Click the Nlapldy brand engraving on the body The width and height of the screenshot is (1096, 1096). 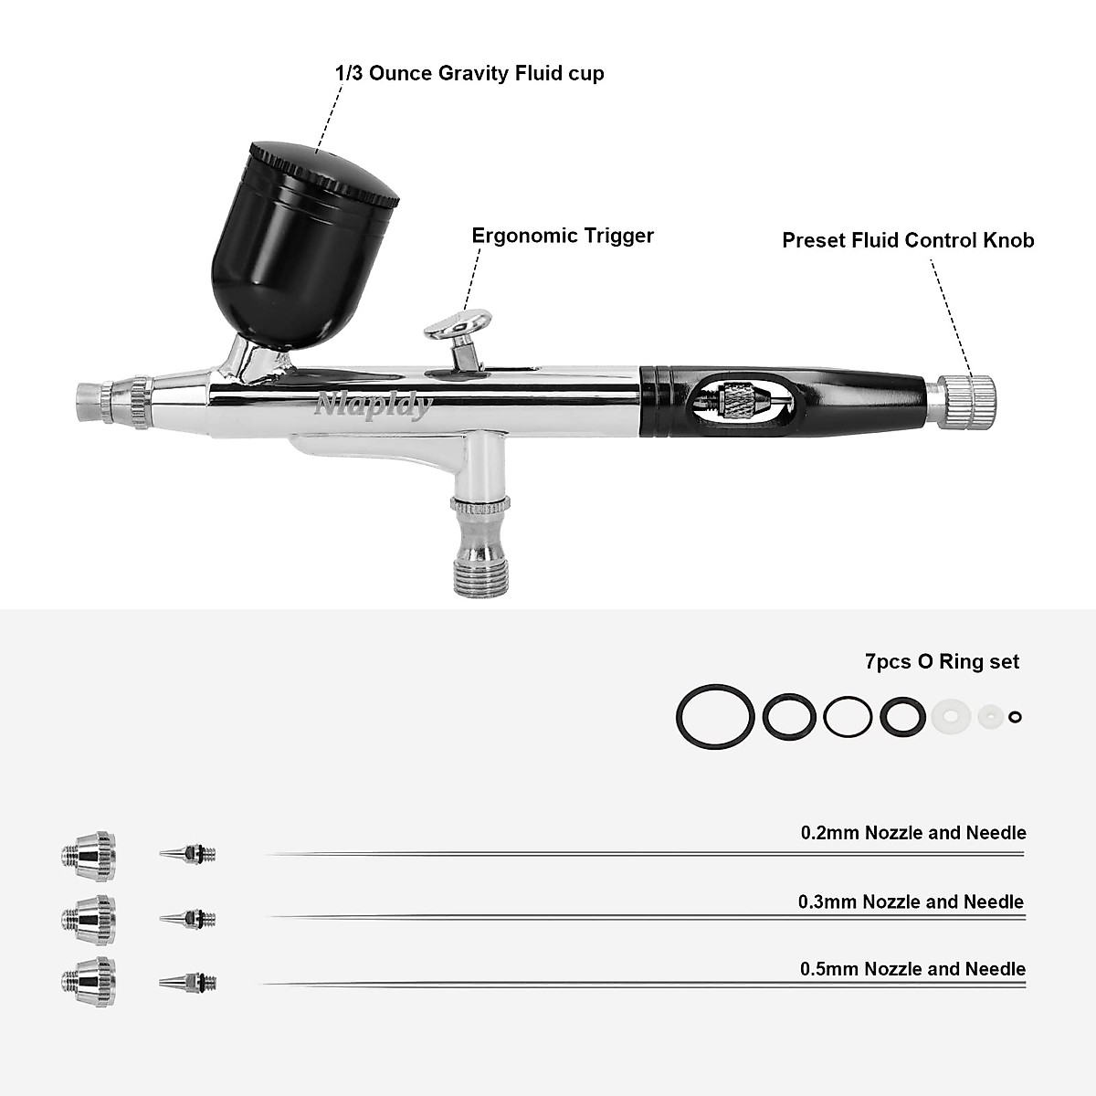coord(372,406)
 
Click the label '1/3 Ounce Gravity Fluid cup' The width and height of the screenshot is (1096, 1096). coord(469,73)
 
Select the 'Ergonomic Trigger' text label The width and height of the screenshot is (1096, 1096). coord(563,236)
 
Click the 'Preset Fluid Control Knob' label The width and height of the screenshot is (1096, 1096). coord(908,240)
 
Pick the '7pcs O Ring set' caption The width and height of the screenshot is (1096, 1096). coord(942,661)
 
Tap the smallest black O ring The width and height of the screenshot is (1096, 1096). coord(1015,718)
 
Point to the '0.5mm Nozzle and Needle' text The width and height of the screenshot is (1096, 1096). coord(912,969)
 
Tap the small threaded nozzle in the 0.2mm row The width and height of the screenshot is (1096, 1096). coord(189,855)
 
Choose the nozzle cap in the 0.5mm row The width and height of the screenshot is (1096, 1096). coord(89,981)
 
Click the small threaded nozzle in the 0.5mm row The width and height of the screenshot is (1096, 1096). coord(189,983)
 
